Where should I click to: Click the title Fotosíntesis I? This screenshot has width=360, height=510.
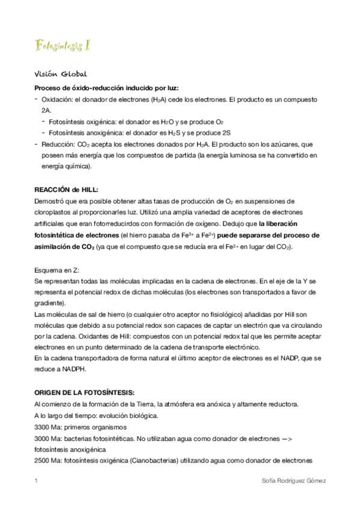[63, 46]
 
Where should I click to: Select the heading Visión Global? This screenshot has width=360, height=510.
[61, 74]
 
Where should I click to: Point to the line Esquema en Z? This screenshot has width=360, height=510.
[57, 269]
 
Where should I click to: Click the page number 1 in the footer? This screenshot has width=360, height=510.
[37, 481]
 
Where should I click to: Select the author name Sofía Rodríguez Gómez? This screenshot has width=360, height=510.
[291, 481]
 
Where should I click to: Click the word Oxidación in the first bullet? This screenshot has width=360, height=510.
[57, 100]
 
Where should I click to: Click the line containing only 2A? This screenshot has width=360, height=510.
[46, 111]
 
